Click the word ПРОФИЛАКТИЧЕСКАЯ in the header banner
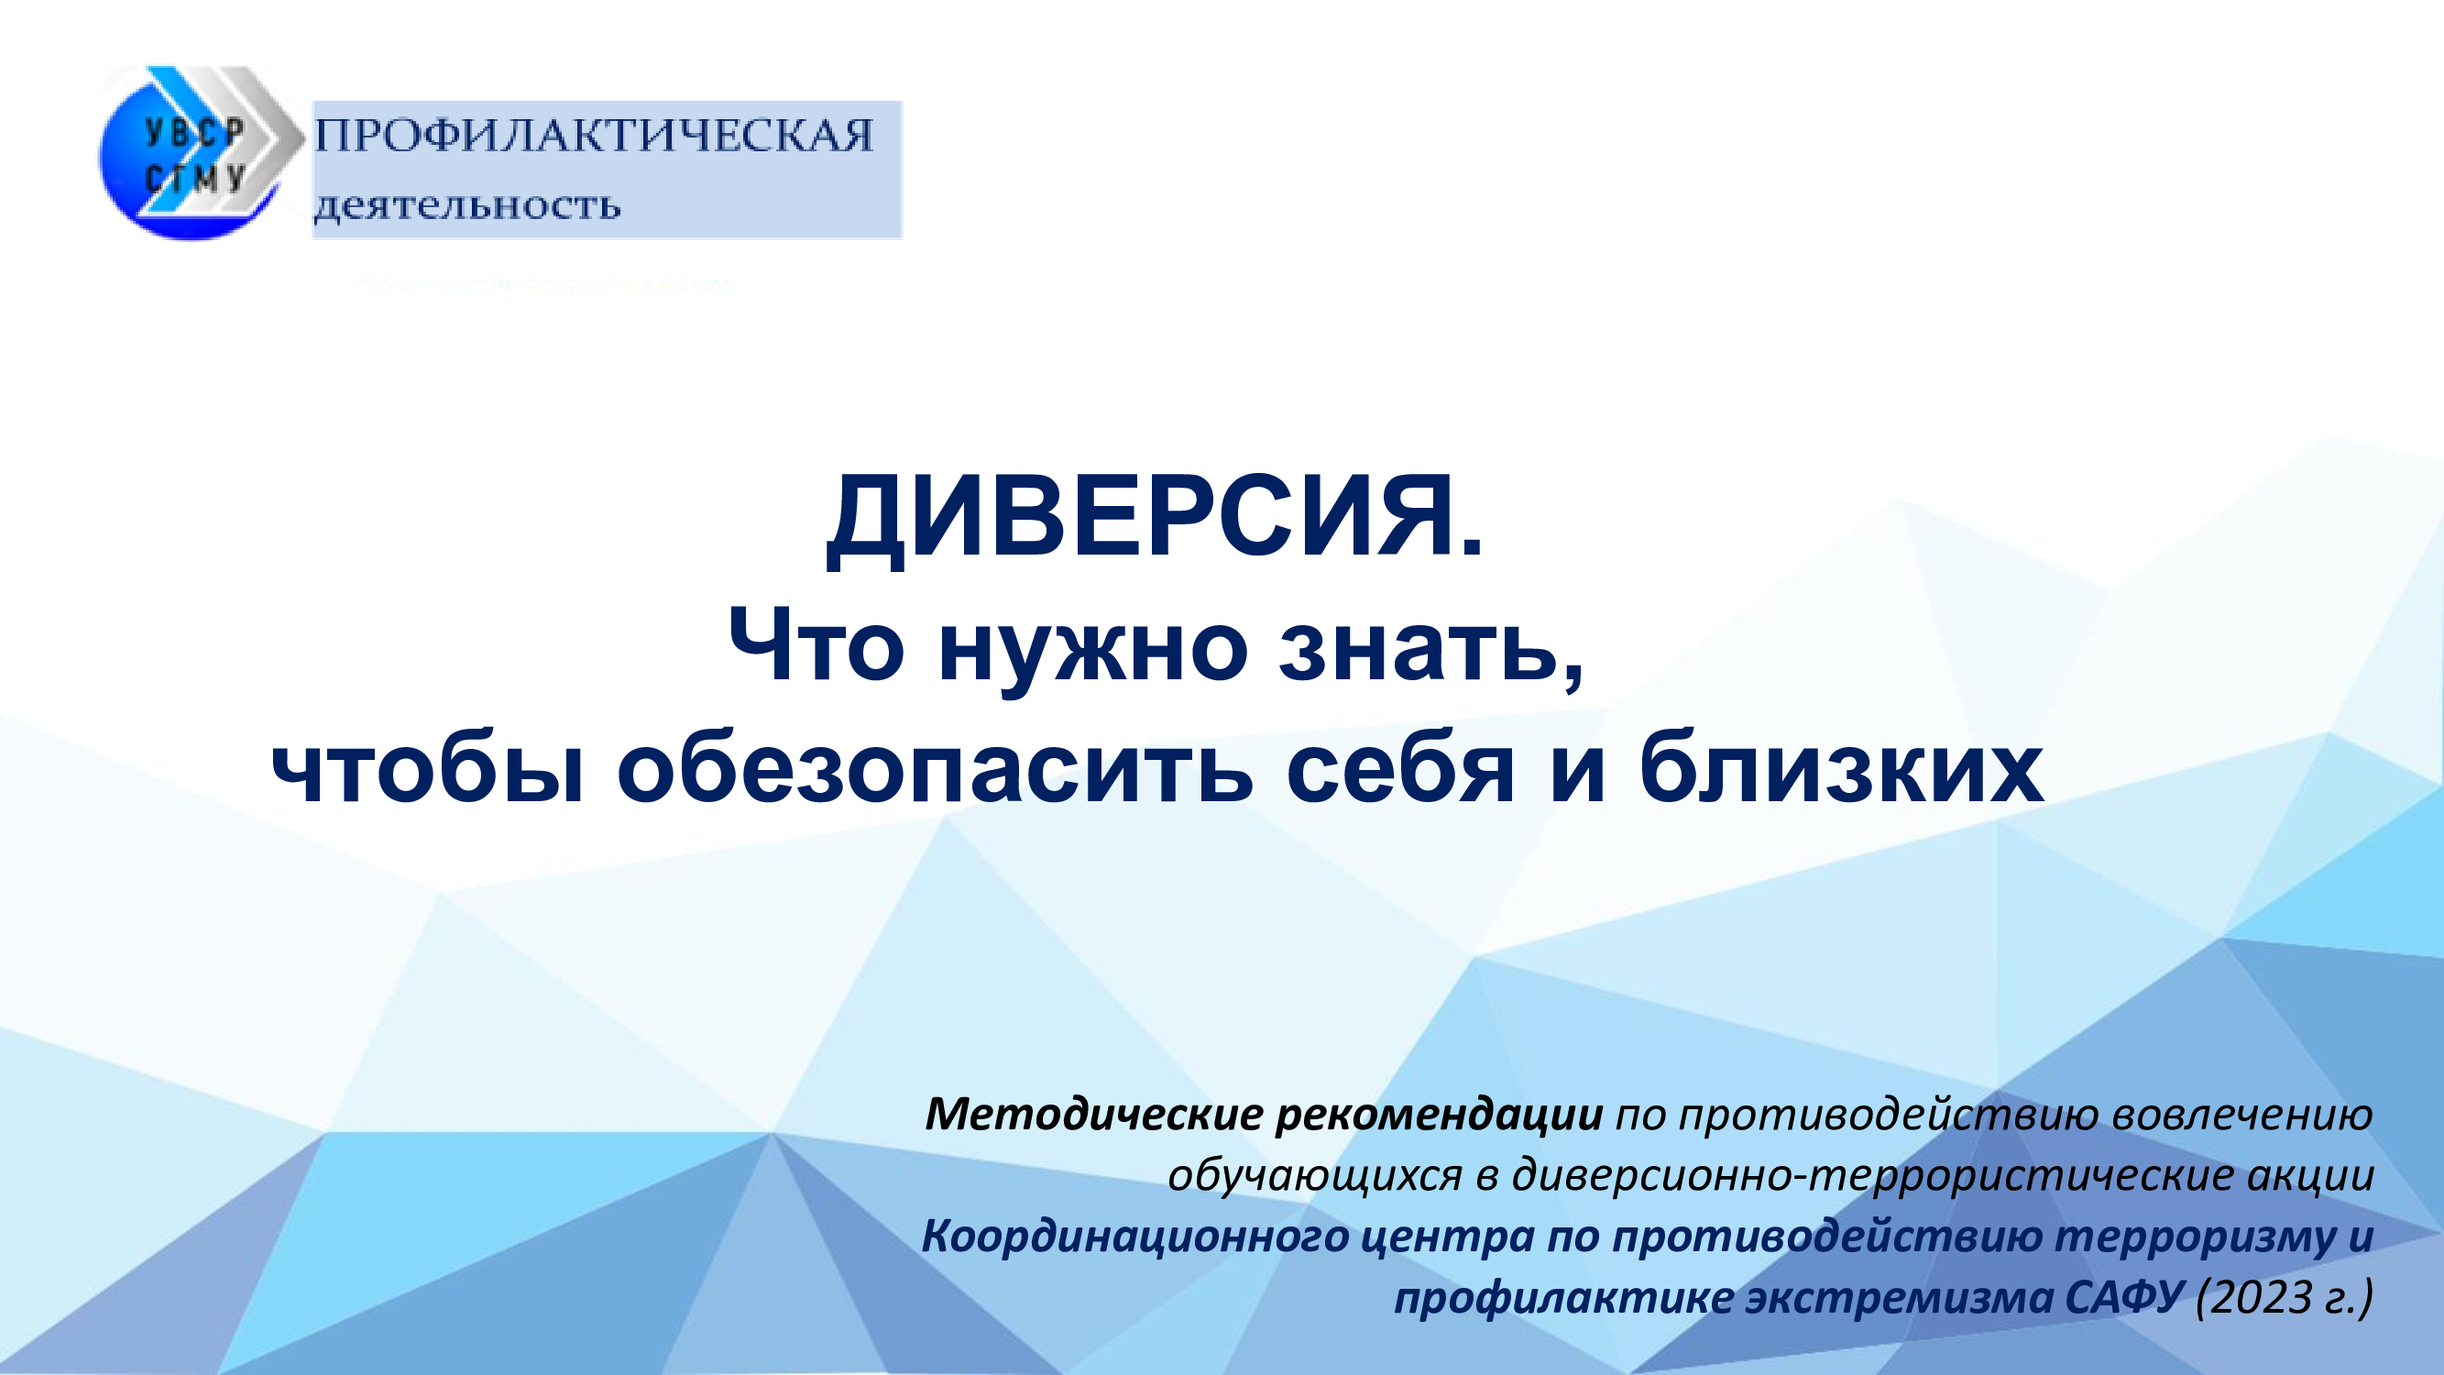point(594,136)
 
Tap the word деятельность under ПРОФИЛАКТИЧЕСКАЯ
point(466,206)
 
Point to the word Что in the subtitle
point(816,645)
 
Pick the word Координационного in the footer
point(1134,1237)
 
